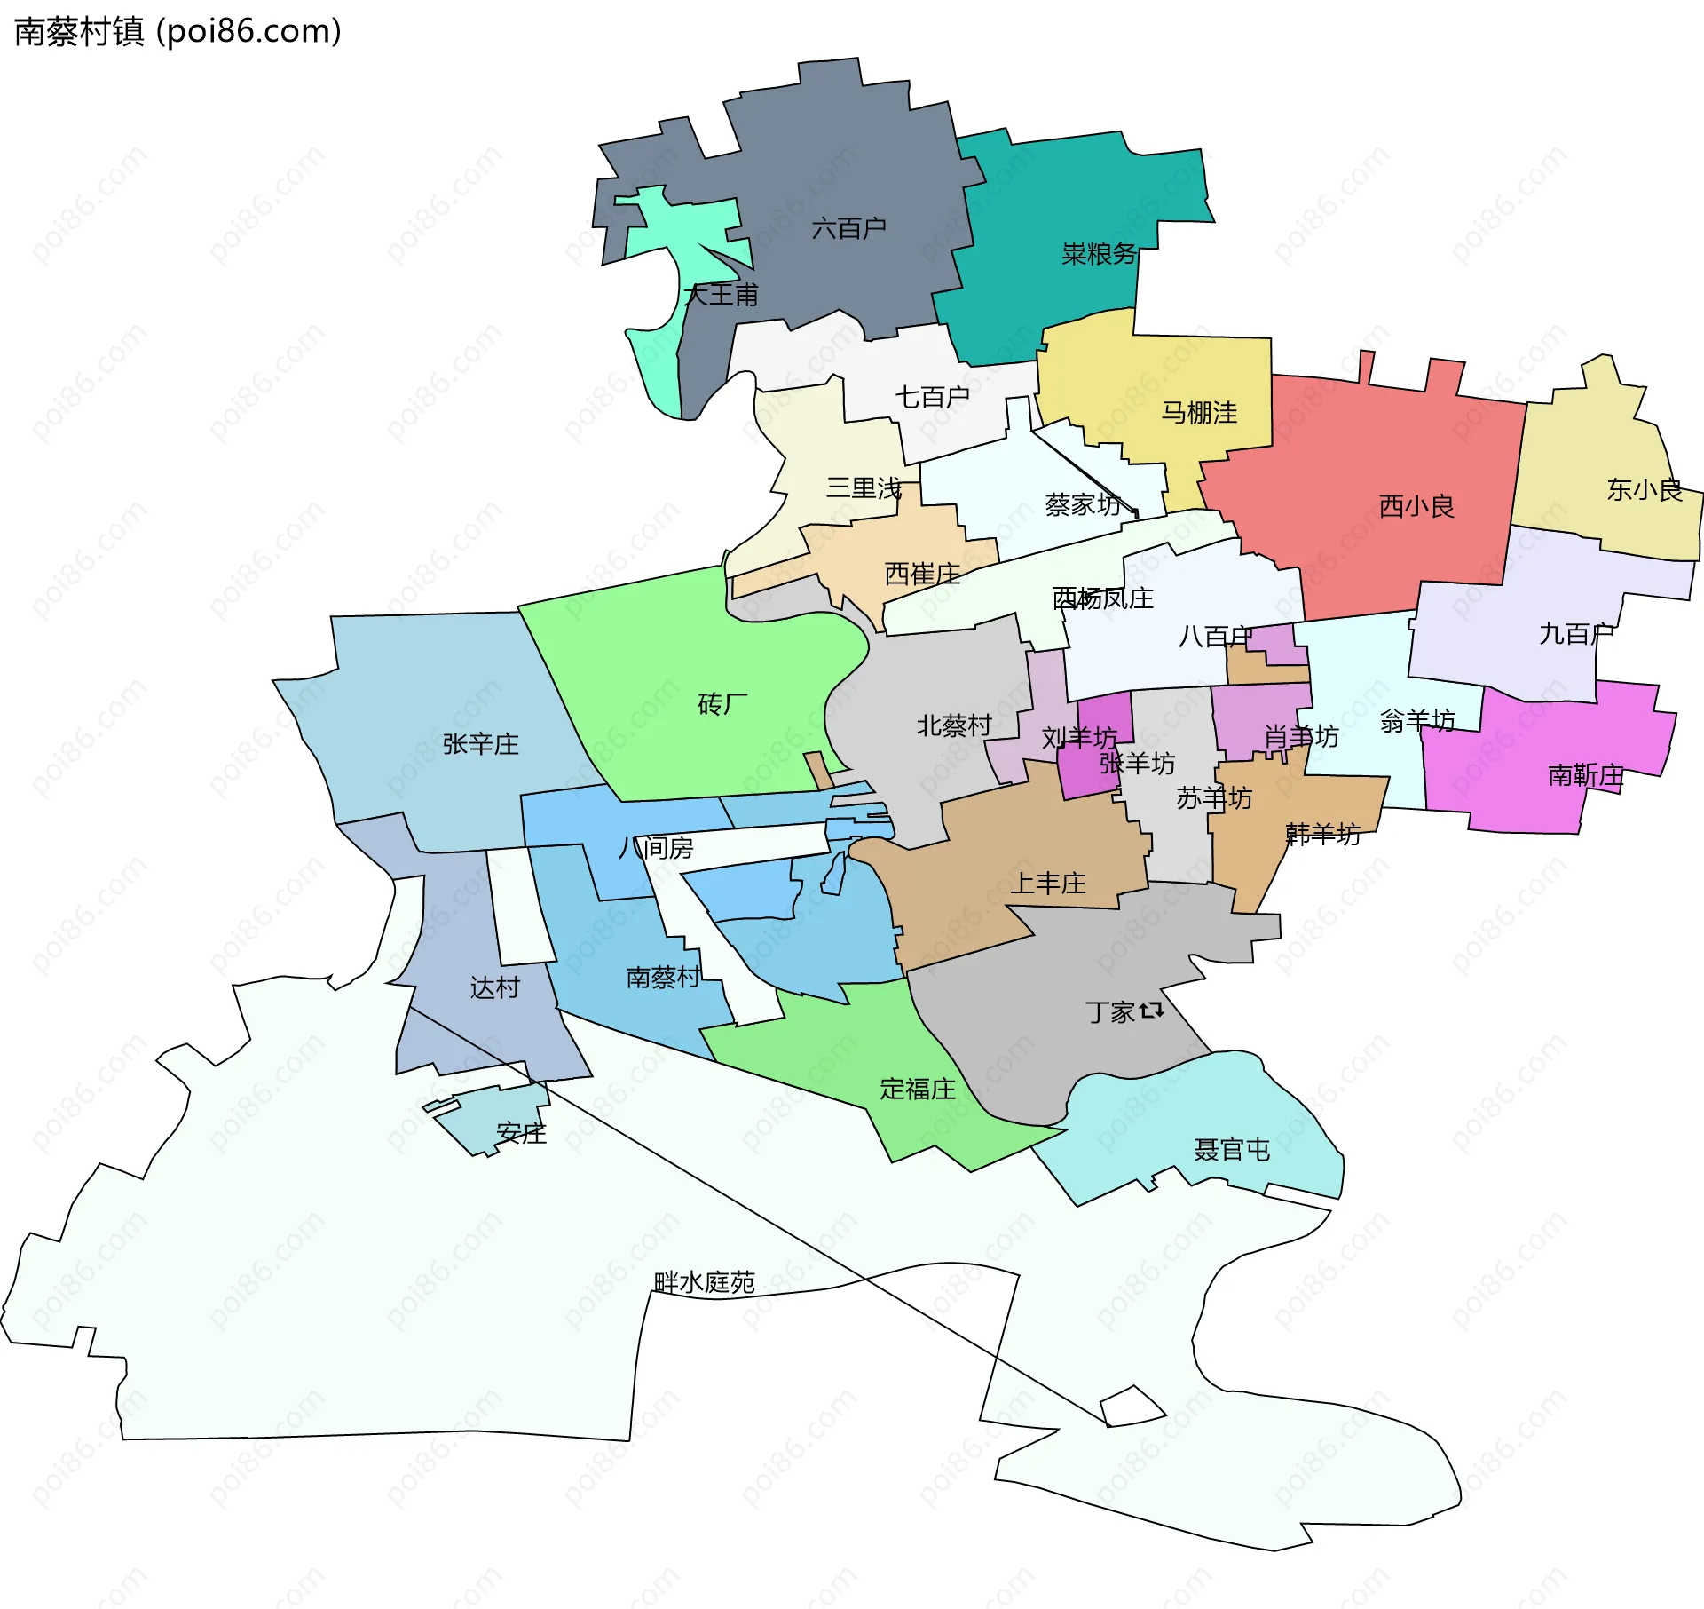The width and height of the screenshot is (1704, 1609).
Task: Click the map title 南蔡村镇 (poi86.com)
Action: [177, 32]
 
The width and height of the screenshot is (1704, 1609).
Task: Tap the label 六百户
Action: [848, 229]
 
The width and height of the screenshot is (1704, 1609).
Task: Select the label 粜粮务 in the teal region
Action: [1099, 254]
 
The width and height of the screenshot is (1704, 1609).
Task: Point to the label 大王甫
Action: [721, 295]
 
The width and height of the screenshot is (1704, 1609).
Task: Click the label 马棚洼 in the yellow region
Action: [1199, 413]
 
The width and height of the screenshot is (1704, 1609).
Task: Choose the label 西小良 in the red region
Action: [1416, 507]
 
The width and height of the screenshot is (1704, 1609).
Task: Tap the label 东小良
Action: [1644, 490]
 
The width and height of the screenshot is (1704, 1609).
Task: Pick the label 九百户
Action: [1575, 634]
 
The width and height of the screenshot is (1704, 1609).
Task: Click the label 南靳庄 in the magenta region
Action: [1585, 775]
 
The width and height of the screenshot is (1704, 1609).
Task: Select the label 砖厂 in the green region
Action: [722, 704]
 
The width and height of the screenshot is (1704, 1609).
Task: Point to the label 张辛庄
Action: [480, 744]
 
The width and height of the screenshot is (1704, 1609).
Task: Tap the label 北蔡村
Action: [953, 725]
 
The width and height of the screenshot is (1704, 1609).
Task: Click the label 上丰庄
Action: [1048, 884]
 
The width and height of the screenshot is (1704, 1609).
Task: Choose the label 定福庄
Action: [917, 1089]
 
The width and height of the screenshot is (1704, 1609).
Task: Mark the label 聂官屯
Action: [1231, 1150]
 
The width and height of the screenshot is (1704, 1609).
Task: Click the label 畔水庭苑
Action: [704, 1282]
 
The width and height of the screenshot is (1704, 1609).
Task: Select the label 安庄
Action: [521, 1133]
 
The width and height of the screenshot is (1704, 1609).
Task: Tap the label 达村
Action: [494, 987]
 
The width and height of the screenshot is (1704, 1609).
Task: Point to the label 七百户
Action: [931, 397]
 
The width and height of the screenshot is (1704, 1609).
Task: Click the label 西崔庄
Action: [922, 575]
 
